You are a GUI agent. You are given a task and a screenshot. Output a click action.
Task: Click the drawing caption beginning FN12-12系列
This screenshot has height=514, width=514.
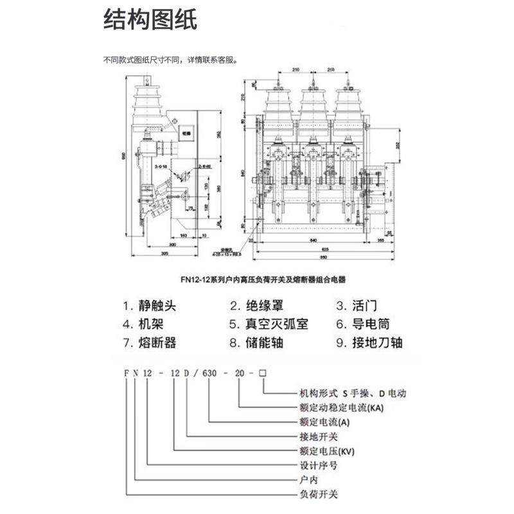[257, 279]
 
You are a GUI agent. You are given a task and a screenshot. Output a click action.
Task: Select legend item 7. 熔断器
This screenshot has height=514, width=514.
[148, 342]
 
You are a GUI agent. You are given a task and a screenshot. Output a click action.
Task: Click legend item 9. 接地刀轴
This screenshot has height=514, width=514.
[369, 342]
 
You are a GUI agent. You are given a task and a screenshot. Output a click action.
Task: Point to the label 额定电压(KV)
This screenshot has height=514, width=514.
[324, 450]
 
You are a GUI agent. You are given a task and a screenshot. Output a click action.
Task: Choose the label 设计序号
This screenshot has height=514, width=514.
[315, 465]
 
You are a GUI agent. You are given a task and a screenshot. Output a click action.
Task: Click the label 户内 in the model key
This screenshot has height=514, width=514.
[309, 480]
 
